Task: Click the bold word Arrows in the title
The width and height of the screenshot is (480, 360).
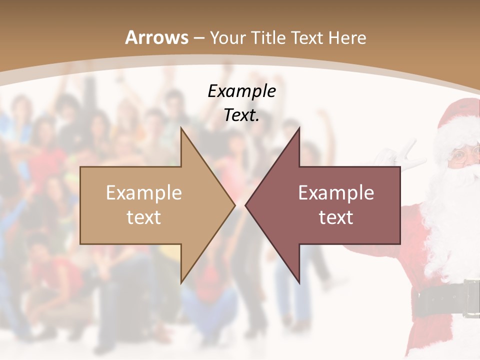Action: [x=157, y=37]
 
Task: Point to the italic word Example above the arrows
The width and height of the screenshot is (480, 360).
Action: [x=241, y=91]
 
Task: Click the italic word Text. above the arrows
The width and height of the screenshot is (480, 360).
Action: [x=241, y=115]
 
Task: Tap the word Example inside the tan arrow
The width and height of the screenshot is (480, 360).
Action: [x=144, y=192]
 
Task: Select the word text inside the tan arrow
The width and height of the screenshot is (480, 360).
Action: [x=144, y=217]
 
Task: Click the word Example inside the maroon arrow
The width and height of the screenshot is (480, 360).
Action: [x=336, y=192]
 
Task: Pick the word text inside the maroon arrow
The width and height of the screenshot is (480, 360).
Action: [x=336, y=217]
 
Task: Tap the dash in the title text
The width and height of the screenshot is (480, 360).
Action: [x=199, y=38]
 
